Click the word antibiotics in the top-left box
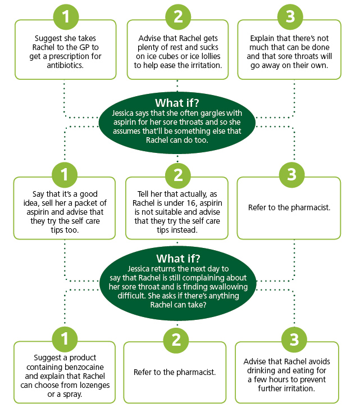click(x=65, y=65)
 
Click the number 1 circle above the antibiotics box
click(x=66, y=17)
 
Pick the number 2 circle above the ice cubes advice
click(x=178, y=17)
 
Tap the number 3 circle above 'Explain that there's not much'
click(x=290, y=17)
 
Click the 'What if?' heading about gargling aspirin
click(x=177, y=103)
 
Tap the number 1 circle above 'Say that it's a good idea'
click(x=65, y=174)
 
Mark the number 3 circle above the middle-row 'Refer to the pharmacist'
click(x=291, y=174)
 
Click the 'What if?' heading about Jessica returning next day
click(x=178, y=259)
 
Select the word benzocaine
click(x=84, y=367)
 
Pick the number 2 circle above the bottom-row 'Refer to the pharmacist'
click(x=176, y=339)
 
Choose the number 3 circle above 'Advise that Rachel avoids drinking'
click(x=294, y=339)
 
